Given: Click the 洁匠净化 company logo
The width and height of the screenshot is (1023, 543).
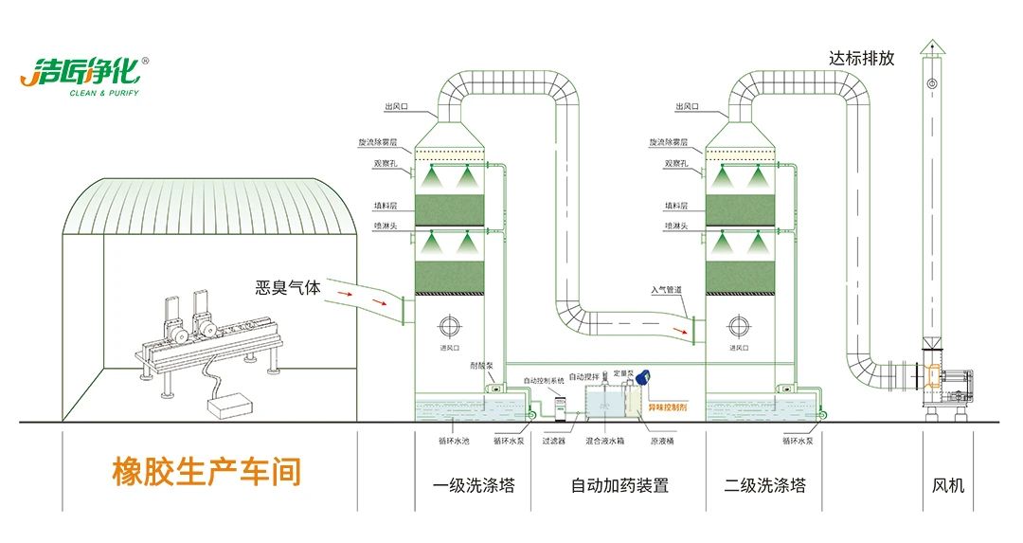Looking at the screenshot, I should [81, 75].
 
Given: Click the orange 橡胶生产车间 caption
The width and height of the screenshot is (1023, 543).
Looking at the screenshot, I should [206, 471].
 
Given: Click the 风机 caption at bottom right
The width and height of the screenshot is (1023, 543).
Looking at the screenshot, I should [948, 485].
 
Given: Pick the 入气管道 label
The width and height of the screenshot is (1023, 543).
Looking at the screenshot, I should [666, 289].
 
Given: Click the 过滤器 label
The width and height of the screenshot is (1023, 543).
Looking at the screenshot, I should [554, 441].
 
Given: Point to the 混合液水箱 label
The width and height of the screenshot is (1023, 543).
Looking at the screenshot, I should [604, 441].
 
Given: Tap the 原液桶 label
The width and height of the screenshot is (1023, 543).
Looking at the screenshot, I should [661, 441].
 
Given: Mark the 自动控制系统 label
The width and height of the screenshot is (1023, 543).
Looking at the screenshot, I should [544, 380].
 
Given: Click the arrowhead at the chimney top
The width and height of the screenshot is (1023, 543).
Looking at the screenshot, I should [933, 43].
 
